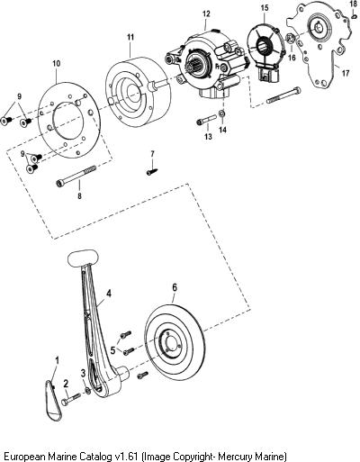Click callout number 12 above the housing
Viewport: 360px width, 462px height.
(206, 14)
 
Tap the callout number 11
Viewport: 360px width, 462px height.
(130, 37)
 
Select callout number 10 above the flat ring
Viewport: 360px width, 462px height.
(57, 63)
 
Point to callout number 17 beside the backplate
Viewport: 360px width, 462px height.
(346, 73)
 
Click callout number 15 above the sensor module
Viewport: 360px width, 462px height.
(265, 8)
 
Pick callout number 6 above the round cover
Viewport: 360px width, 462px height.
(175, 287)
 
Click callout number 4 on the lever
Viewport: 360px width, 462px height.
(109, 294)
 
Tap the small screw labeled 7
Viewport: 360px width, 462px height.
(152, 172)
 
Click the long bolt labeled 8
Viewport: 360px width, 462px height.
(76, 175)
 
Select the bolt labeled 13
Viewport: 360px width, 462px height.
(207, 120)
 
